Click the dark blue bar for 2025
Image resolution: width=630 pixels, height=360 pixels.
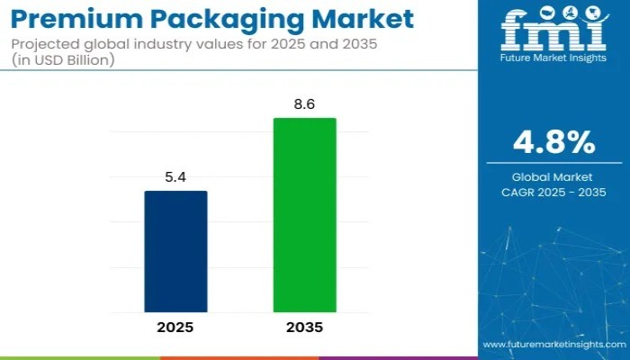(x=175, y=251)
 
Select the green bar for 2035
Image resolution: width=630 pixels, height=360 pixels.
(x=305, y=215)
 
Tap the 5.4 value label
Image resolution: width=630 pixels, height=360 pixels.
(x=175, y=178)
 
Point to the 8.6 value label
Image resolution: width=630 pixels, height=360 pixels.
(x=305, y=105)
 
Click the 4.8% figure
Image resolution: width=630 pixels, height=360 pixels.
(x=553, y=142)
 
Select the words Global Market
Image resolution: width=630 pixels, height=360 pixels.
(x=553, y=178)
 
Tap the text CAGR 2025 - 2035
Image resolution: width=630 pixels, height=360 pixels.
(x=553, y=192)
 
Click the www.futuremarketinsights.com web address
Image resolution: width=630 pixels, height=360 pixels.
(x=553, y=345)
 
